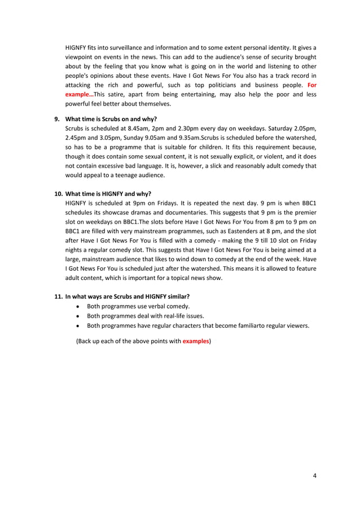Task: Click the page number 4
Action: point(314,475)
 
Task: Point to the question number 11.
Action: point(57,296)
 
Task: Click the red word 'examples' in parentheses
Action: point(196,342)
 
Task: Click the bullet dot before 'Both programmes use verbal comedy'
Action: point(77,306)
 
